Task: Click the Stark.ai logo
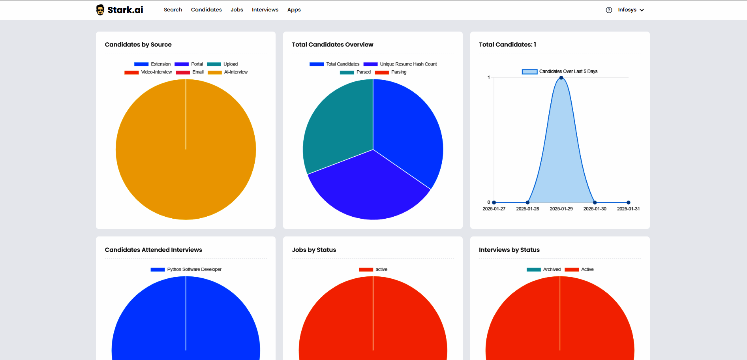pos(120,10)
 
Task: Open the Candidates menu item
pos(206,10)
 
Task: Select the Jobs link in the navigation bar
pos(237,10)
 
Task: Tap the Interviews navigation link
pos(265,10)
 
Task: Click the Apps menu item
pos(294,10)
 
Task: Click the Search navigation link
pos(173,10)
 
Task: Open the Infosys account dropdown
pos(631,10)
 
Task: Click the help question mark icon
pos(609,10)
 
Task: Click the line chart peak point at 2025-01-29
pos(561,78)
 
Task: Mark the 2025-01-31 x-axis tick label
pos(628,209)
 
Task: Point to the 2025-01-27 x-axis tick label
pos(494,209)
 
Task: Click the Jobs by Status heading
pos(314,250)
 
